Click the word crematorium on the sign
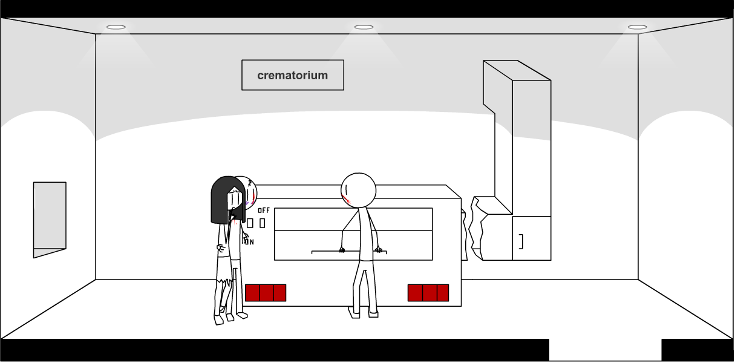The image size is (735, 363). (x=292, y=76)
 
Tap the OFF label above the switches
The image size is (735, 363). (x=264, y=211)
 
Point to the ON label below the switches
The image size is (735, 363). (x=249, y=242)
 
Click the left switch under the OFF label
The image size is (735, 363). (x=250, y=223)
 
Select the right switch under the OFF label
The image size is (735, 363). (x=262, y=223)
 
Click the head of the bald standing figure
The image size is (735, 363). (x=359, y=189)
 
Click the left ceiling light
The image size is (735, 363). (x=116, y=27)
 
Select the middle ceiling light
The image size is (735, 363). (x=364, y=27)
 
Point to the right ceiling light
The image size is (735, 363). (x=637, y=27)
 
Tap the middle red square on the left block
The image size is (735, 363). (x=266, y=293)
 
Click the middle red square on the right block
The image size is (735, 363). (x=429, y=293)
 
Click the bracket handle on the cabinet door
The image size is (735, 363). (x=521, y=241)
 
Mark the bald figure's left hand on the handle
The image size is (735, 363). (x=342, y=249)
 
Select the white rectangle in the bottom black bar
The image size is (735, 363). (x=605, y=350)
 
